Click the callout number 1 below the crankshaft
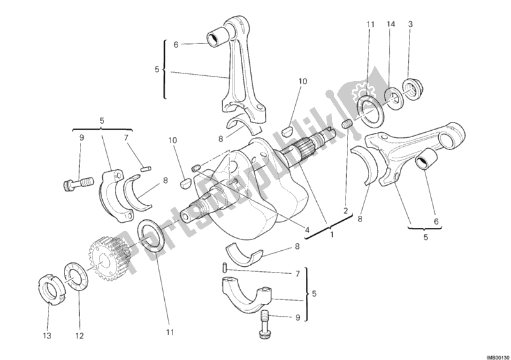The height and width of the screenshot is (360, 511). [331, 234]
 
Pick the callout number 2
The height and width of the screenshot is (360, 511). [346, 210]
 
